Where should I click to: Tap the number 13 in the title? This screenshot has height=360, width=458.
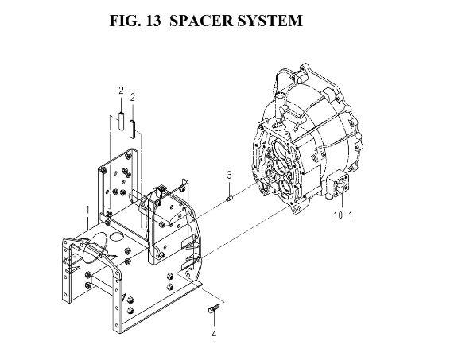coord(152,21)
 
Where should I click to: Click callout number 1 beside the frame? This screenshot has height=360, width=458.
coord(87,211)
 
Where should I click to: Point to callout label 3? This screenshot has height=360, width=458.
coord(229,175)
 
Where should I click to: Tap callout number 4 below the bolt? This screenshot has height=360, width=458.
coord(214,334)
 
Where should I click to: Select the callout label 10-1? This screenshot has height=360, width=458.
coord(343,215)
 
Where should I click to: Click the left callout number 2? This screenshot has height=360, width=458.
coord(121,91)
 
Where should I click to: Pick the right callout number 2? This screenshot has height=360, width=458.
coord(133,97)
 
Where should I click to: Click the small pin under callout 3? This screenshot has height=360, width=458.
coord(229,199)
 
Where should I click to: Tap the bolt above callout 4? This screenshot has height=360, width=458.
coord(214,309)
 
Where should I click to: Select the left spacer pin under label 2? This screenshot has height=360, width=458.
coord(121,121)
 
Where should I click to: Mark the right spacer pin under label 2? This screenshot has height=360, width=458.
coord(133,129)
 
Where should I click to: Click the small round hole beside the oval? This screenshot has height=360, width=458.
coord(117,237)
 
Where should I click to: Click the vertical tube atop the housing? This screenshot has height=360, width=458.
coord(280,106)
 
